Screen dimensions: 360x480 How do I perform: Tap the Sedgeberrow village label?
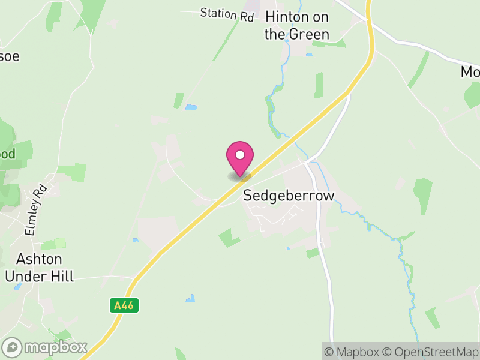[x=288, y=196]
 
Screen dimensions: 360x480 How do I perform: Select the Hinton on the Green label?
[x=297, y=25]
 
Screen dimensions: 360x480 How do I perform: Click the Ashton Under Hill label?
[x=39, y=268]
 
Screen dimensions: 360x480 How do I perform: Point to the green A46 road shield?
[x=125, y=305]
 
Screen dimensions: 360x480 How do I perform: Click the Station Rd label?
[x=227, y=14]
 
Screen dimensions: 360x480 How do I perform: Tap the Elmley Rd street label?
[x=35, y=209]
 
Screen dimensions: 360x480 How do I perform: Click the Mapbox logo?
[x=45, y=347]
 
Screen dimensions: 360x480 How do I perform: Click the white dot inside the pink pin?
[x=240, y=154]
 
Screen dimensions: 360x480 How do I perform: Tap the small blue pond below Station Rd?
[x=191, y=107]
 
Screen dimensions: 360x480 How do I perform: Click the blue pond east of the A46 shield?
[x=190, y=298]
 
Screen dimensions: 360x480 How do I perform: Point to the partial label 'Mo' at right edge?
[x=470, y=72]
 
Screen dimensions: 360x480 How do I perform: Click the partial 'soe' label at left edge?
[x=10, y=56]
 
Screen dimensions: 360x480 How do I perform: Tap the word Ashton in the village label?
[x=39, y=259]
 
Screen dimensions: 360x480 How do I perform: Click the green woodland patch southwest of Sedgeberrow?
[x=229, y=238]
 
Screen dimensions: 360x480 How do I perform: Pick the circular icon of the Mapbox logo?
[x=12, y=347]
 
